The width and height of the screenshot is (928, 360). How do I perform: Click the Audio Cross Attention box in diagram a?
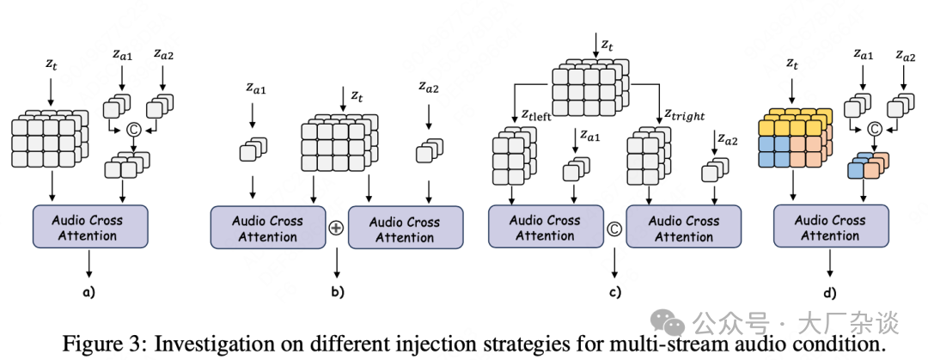90,228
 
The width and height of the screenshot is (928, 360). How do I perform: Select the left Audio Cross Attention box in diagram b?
267,228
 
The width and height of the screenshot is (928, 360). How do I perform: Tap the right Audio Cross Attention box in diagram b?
405,228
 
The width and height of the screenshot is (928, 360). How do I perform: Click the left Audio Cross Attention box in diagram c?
545,228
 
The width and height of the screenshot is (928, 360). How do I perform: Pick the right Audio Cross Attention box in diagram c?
684,228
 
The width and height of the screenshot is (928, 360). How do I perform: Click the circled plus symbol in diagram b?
336,229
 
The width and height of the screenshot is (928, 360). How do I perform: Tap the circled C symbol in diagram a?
133,130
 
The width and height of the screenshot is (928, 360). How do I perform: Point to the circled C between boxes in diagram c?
614,229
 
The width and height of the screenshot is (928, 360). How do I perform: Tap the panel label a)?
89,292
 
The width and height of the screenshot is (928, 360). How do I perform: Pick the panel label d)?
830,292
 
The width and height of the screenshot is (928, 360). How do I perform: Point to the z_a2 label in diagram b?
430,85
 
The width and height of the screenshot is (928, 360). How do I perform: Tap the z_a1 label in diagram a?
122,54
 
